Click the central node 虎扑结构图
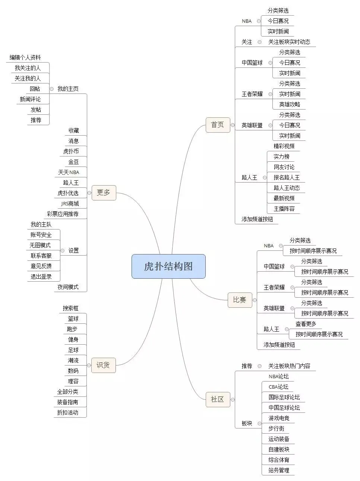click(x=168, y=266)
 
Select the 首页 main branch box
click(x=218, y=125)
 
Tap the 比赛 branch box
click(x=240, y=300)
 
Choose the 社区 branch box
click(x=218, y=399)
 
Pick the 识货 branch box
click(x=103, y=365)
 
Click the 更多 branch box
click(x=104, y=193)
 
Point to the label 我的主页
click(x=68, y=89)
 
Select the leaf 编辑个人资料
click(x=25, y=57)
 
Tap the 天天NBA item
click(x=69, y=172)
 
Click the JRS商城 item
click(x=70, y=203)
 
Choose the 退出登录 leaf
click(x=41, y=276)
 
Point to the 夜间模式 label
click(x=68, y=287)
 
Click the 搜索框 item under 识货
click(x=70, y=308)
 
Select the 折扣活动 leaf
click(x=67, y=412)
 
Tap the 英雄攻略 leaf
click(x=290, y=104)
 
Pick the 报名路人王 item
click(x=287, y=177)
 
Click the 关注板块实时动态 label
click(x=289, y=42)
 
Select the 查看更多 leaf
click(x=306, y=324)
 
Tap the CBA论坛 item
click(x=278, y=387)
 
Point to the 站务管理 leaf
click(x=279, y=470)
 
